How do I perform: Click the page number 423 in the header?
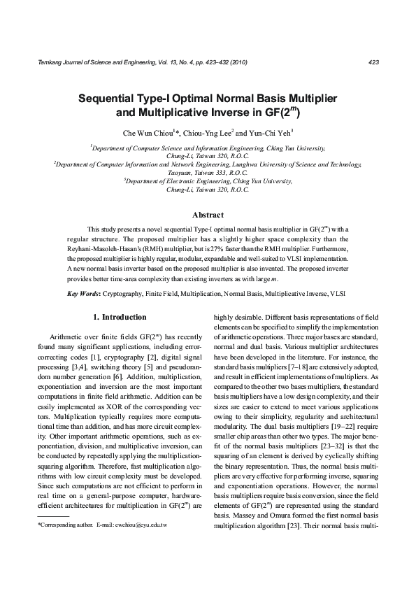pos(373,62)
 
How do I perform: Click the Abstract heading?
pos(208,215)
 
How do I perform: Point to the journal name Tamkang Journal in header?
pos(63,62)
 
